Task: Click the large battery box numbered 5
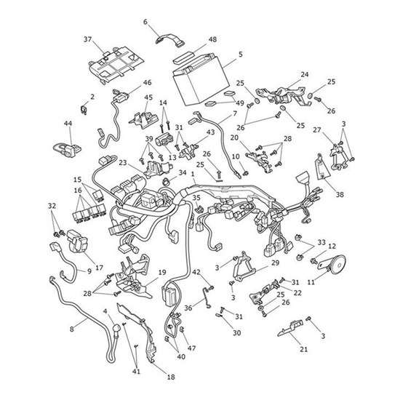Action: (x=200, y=80)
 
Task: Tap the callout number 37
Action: (x=87, y=39)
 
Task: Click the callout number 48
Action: (x=212, y=39)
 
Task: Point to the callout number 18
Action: (x=171, y=377)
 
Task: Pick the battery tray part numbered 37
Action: (x=116, y=65)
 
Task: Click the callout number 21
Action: (x=303, y=349)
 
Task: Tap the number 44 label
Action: (x=68, y=124)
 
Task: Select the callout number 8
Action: (x=72, y=329)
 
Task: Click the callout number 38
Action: (x=340, y=194)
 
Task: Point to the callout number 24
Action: (x=304, y=74)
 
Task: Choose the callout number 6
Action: (x=145, y=22)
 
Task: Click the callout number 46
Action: (x=147, y=83)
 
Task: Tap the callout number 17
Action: (x=99, y=268)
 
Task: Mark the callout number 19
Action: (x=162, y=273)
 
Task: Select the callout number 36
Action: (x=188, y=308)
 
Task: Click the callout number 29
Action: (x=275, y=263)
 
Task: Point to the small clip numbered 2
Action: (x=84, y=109)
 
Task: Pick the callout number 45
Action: (x=148, y=97)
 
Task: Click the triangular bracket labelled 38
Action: (x=322, y=167)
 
